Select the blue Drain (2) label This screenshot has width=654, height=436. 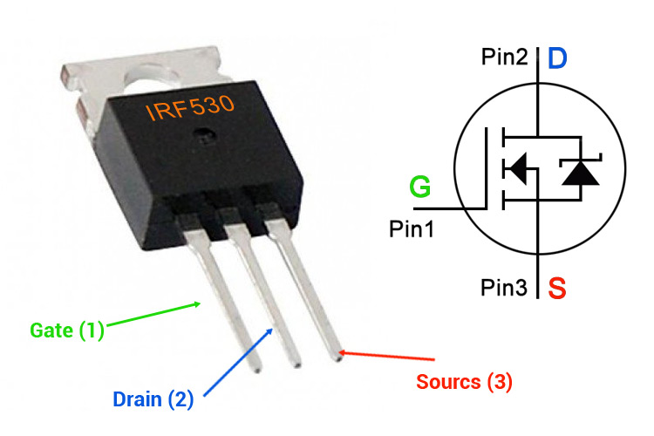pyautogui.click(x=153, y=399)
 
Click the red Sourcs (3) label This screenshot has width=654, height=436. pyautogui.click(x=464, y=381)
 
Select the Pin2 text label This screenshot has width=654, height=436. pyautogui.click(x=503, y=58)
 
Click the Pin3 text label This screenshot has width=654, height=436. pyautogui.click(x=503, y=285)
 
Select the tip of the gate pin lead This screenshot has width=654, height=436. pyautogui.click(x=255, y=367)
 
